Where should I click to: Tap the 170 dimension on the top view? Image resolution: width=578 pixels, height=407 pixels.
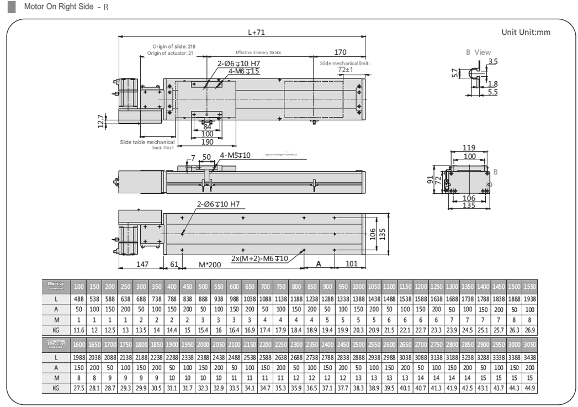tap(340, 52)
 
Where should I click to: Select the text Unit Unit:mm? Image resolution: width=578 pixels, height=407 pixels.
tap(526, 33)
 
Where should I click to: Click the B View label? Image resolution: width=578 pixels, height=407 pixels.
tap(478, 52)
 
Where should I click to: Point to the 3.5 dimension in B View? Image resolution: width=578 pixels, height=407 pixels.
tap(492, 61)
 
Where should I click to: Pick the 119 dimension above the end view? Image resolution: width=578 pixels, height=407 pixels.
tap(469, 148)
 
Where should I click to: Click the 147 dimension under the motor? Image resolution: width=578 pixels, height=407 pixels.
tap(142, 264)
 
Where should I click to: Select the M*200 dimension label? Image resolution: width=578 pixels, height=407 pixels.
tap(210, 265)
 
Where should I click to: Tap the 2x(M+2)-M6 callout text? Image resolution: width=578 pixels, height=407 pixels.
tap(259, 258)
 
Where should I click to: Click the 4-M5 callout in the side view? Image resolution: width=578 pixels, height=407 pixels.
tap(235, 155)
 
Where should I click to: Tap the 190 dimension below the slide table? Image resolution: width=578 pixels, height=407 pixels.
tap(207, 142)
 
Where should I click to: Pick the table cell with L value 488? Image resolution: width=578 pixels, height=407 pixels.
tap(78, 299)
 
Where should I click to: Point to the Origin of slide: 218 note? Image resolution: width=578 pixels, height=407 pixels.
tap(174, 46)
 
